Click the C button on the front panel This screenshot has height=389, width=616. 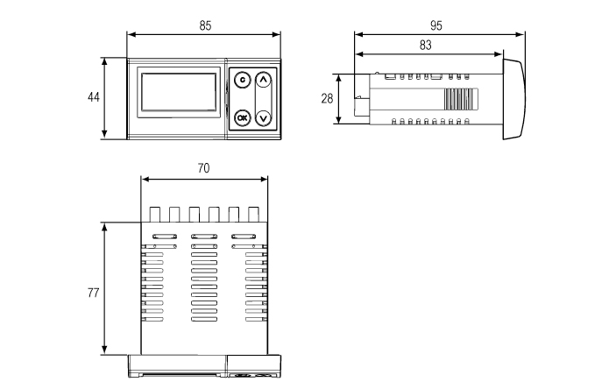click(243, 80)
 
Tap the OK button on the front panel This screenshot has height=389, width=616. click(243, 117)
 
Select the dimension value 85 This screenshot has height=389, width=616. click(205, 26)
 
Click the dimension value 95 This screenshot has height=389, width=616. click(436, 26)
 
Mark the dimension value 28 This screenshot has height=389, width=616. click(327, 98)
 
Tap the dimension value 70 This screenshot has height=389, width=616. click(203, 168)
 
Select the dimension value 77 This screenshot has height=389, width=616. click(93, 292)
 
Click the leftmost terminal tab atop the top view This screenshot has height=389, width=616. click(153, 214)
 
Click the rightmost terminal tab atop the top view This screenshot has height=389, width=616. click(253, 214)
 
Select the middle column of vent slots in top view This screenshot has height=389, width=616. click(203, 280)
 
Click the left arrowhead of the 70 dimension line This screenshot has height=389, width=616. click(145, 180)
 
